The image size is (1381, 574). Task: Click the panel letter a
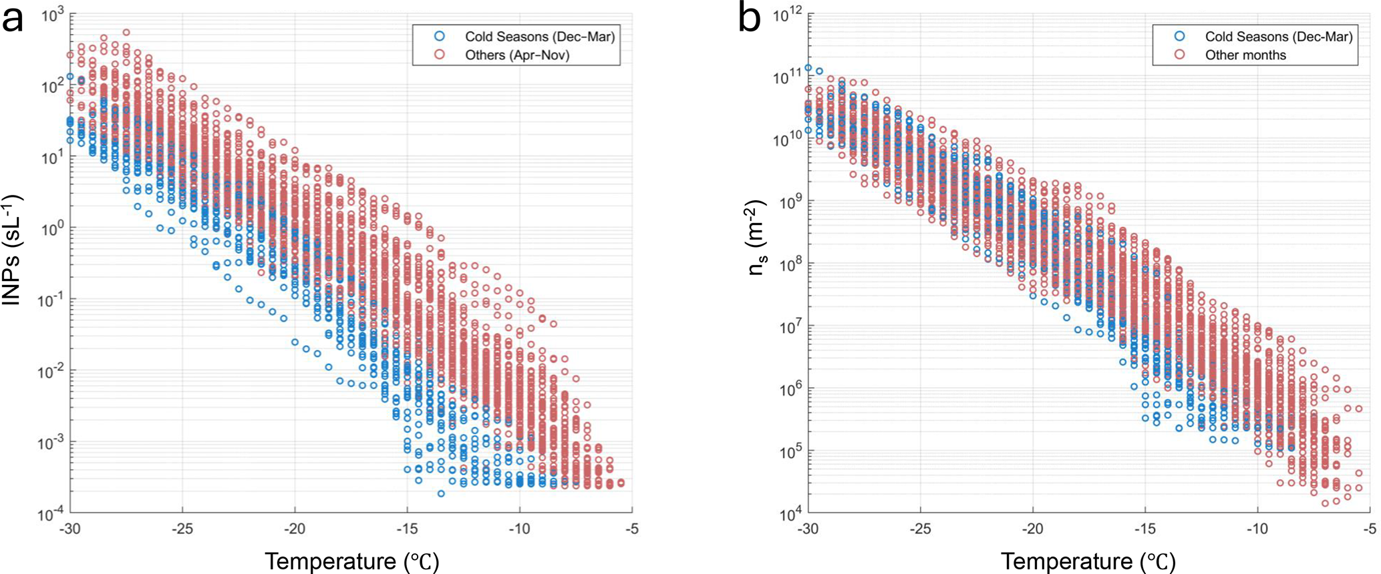coord(13,19)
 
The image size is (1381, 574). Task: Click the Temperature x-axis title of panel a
coord(352,561)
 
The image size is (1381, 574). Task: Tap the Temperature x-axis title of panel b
coord(1088,561)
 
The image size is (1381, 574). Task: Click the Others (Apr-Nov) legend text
coord(517,55)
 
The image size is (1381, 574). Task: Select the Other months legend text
coord(1245,55)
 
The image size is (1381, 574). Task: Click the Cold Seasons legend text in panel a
coord(540,37)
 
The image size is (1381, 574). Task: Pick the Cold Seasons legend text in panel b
coord(1279,37)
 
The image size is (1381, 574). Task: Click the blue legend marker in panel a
coord(439,36)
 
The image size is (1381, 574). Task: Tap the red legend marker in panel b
coord(1179,55)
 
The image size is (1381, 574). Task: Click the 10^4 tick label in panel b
coord(790,515)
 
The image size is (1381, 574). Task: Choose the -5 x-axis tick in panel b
coord(1370,529)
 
